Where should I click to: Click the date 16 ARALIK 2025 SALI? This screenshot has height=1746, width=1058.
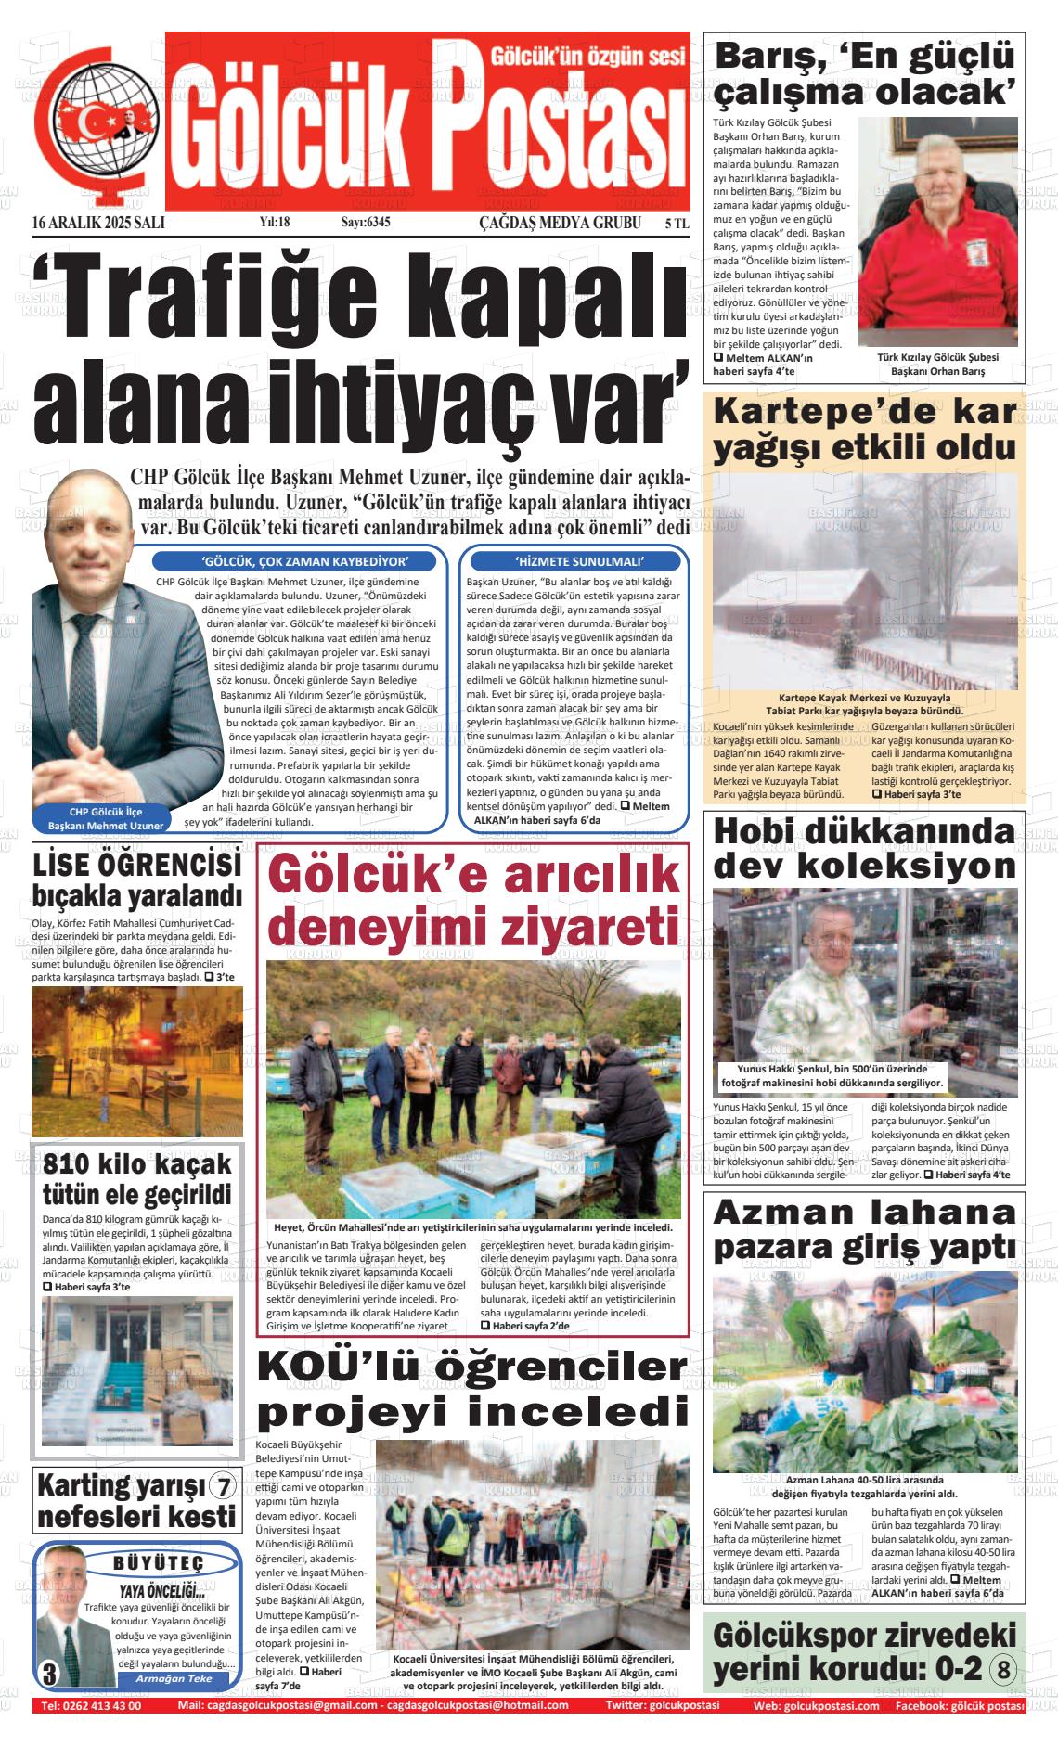(98, 223)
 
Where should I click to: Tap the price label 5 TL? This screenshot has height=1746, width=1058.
(677, 224)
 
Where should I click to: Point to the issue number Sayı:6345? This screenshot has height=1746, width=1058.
(366, 223)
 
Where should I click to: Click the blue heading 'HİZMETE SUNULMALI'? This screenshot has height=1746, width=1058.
(579, 561)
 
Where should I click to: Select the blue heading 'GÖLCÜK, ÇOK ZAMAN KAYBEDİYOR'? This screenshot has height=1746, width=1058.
(305, 561)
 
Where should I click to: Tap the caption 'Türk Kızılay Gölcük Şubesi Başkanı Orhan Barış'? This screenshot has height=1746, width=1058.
(937, 365)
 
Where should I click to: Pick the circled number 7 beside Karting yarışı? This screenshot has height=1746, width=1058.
(224, 1487)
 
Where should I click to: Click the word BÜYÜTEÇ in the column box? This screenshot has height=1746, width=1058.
(158, 1563)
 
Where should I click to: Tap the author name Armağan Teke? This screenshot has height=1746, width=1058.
(174, 1678)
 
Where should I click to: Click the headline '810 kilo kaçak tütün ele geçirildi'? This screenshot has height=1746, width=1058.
(137, 1179)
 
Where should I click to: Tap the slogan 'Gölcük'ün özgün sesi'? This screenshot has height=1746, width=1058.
(588, 57)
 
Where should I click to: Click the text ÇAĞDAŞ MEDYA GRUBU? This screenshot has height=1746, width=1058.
(560, 223)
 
